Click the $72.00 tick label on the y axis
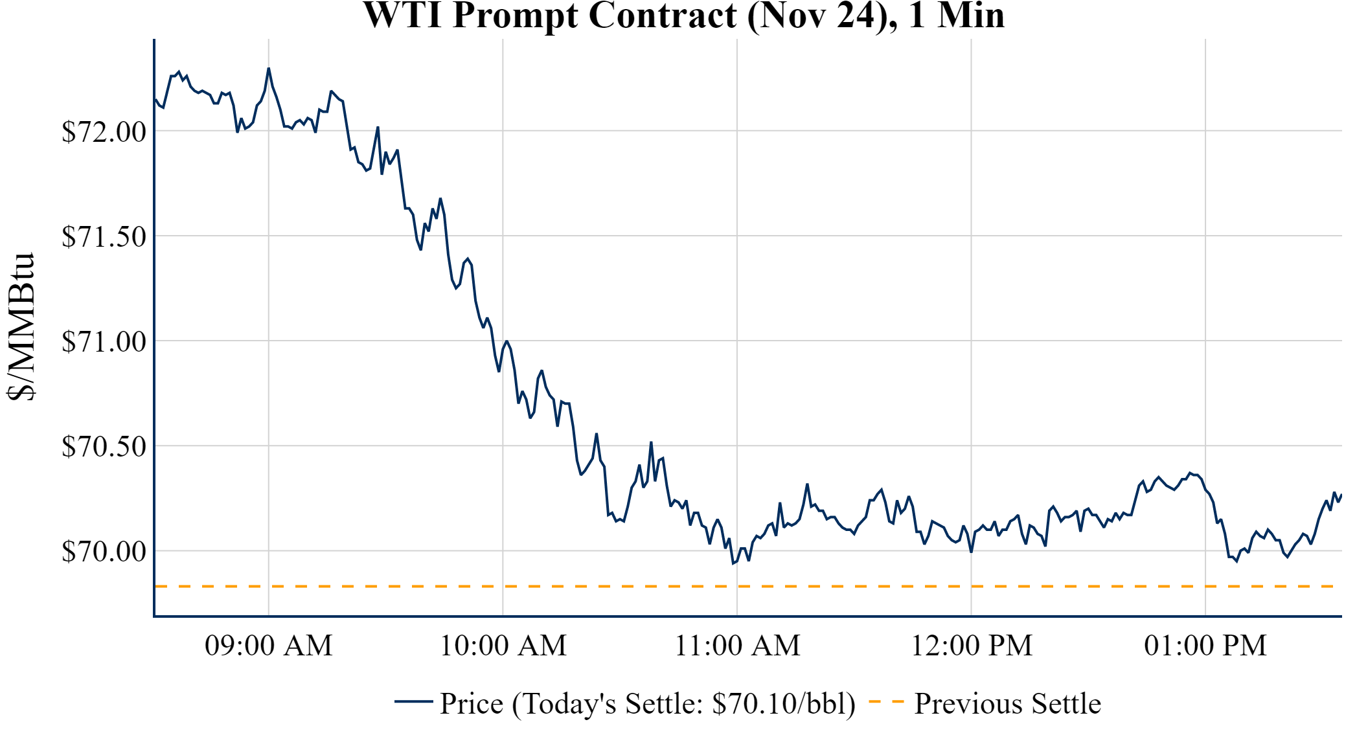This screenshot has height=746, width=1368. click(104, 131)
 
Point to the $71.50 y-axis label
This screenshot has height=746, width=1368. click(104, 236)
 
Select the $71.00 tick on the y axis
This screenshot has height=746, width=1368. click(104, 341)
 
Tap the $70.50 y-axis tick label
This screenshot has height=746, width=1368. click(104, 446)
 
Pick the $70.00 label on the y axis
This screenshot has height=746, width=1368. click(104, 551)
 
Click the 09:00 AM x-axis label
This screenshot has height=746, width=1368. click(268, 646)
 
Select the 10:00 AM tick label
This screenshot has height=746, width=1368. click(503, 646)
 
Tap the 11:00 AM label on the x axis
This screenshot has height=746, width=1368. click(737, 646)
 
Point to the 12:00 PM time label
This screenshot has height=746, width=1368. click(972, 646)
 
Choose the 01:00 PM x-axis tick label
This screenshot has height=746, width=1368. click(1205, 646)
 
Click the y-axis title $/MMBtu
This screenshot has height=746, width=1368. click(21, 327)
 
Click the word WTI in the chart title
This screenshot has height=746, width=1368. click(403, 16)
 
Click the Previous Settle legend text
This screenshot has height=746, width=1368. click(1007, 704)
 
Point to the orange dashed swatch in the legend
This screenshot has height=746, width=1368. click(885, 701)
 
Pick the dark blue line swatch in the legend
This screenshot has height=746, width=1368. click(413, 701)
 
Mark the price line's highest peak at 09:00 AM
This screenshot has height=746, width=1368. click(269, 68)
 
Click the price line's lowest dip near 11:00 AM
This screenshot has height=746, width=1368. click(733, 563)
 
